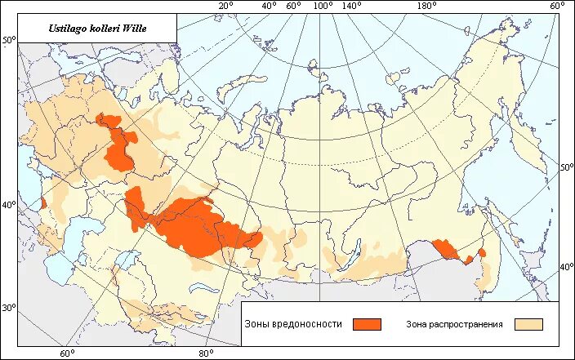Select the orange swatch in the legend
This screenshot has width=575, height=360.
point(367,324)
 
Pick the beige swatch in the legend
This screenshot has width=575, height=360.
point(528,324)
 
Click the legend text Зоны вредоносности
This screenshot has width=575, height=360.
point(292,324)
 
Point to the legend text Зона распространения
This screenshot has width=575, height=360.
point(454,324)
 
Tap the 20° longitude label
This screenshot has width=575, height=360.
point(226,6)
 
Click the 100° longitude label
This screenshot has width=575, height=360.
point(323,6)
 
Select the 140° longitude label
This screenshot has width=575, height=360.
point(352,6)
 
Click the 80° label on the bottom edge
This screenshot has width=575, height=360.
point(207,353)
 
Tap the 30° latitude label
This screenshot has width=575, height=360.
point(9,308)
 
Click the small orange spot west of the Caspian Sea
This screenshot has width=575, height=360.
point(42,203)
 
